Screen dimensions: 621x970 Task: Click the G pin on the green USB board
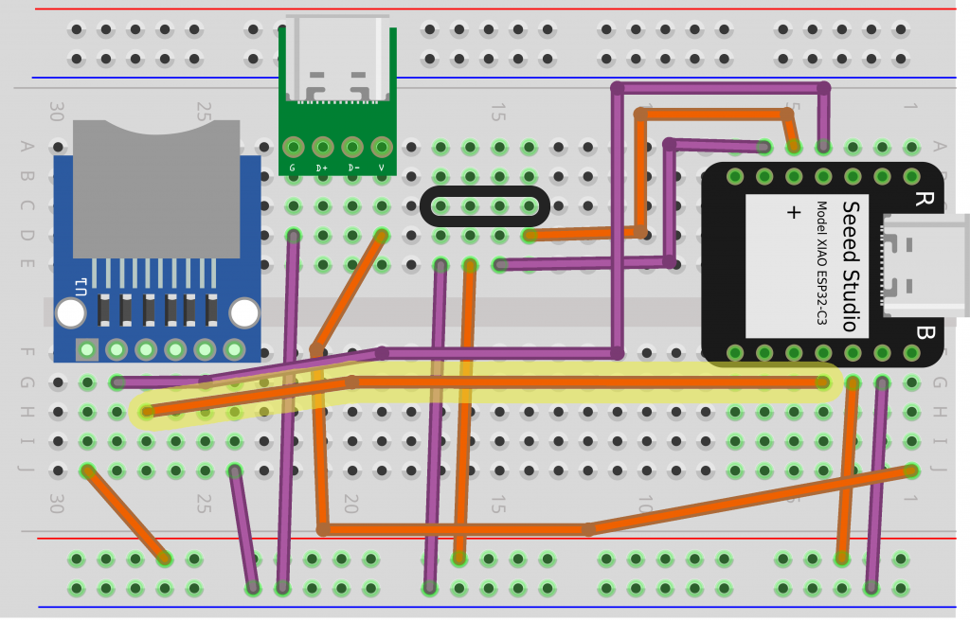[293, 148]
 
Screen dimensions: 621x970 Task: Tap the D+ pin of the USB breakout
[323, 148]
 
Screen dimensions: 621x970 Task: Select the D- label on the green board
[352, 168]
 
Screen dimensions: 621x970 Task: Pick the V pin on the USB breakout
[382, 148]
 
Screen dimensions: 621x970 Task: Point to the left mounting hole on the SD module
[70, 312]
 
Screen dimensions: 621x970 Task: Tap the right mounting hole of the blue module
[244, 312]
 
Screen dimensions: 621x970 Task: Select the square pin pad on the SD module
[87, 350]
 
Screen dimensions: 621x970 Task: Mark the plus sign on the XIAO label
[794, 213]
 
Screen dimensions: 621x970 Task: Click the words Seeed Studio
[850, 266]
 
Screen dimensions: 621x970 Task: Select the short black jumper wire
[484, 206]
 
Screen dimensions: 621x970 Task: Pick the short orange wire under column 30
[126, 514]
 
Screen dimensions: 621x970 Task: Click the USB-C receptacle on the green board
[337, 57]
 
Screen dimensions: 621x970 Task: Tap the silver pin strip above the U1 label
[157, 275]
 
